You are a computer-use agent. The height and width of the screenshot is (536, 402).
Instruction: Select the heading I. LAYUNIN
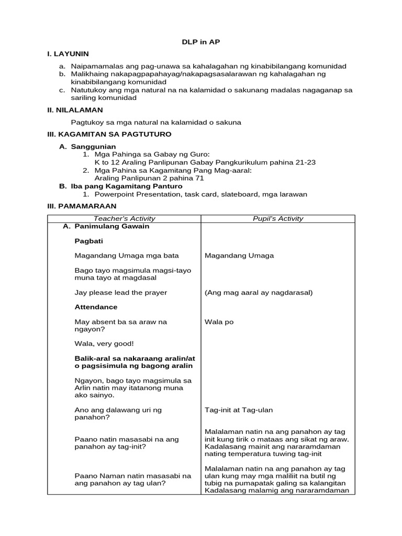pos(68,54)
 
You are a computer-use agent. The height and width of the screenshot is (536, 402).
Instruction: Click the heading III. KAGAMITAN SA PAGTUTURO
pos(109,135)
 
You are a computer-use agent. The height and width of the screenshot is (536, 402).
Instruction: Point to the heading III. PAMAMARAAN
pos(82,206)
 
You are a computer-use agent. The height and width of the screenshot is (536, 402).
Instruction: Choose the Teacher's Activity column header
pos(124,219)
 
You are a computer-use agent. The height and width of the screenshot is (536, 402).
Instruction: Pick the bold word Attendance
pos(96,307)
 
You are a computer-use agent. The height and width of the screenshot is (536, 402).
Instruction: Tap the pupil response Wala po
pos(219,322)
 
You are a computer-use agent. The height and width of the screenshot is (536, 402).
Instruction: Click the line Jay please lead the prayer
pos(121,293)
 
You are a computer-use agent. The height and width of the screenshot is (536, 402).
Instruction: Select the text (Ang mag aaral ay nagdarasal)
pos(259,293)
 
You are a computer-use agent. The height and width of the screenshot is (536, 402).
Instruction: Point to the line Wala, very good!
pos(104,343)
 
